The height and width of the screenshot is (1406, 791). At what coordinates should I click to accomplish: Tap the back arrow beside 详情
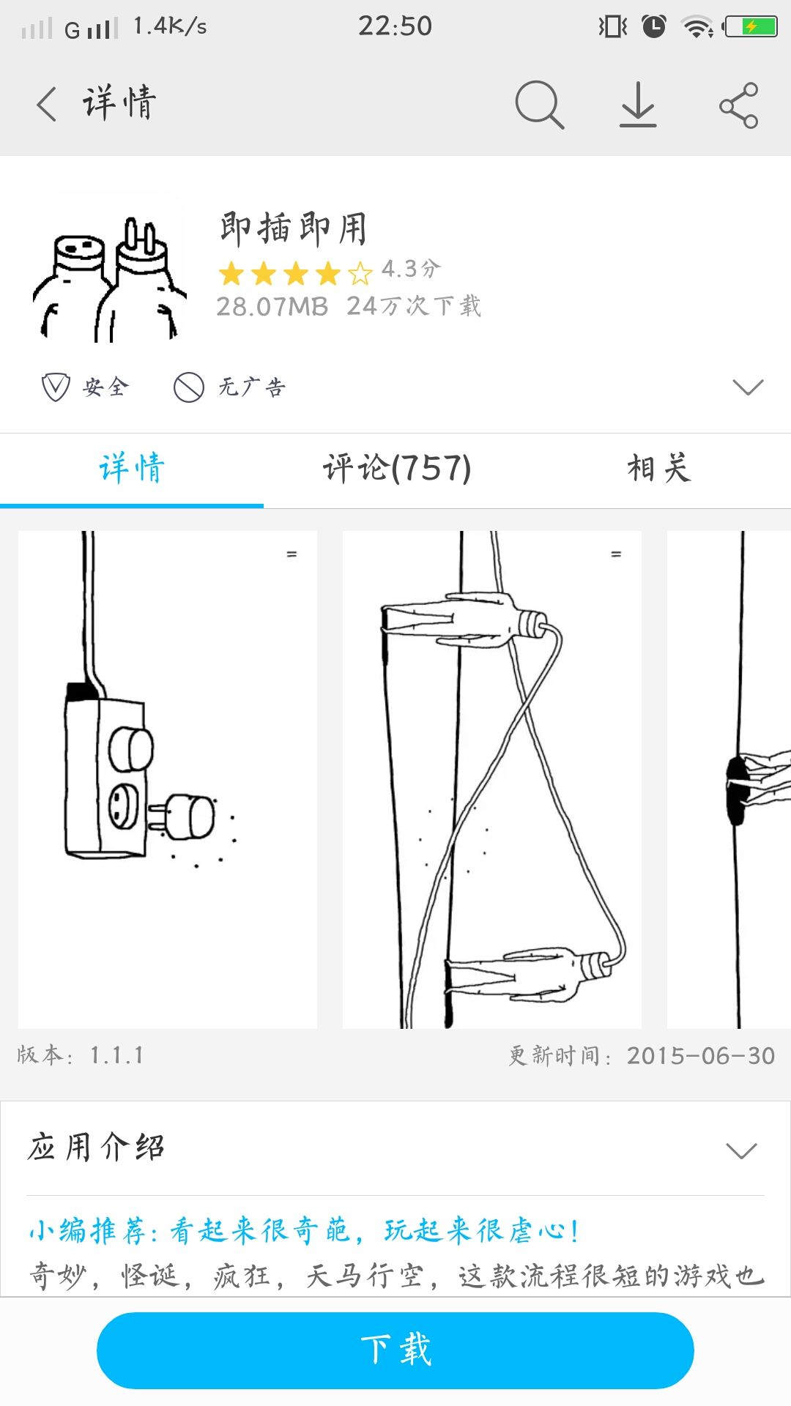[x=46, y=103]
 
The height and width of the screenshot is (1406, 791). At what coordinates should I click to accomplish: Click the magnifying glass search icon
[x=539, y=105]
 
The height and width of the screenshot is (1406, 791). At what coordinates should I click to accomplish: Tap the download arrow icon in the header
[x=638, y=105]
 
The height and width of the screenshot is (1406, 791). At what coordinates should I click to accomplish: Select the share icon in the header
[x=738, y=105]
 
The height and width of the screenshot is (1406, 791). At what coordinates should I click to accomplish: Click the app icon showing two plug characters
[x=109, y=268]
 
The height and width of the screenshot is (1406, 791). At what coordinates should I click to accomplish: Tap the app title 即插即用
[x=293, y=228]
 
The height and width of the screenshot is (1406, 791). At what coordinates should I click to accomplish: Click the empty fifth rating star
[x=360, y=274]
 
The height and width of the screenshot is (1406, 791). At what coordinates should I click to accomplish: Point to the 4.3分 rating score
[x=411, y=269]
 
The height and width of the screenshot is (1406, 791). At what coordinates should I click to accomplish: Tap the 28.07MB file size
[x=272, y=307]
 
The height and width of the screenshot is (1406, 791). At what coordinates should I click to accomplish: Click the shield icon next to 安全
[x=55, y=387]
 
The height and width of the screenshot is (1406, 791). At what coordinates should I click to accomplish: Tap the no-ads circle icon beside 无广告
[x=188, y=387]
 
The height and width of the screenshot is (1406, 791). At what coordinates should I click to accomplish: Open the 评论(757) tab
[x=397, y=469]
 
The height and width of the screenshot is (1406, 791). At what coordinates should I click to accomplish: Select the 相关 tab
[x=658, y=469]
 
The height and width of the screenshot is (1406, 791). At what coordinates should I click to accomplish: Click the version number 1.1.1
[x=116, y=1055]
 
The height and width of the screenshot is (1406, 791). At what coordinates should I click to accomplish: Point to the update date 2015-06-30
[x=700, y=1056]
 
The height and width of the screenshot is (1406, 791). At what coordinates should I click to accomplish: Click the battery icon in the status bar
[x=750, y=27]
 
